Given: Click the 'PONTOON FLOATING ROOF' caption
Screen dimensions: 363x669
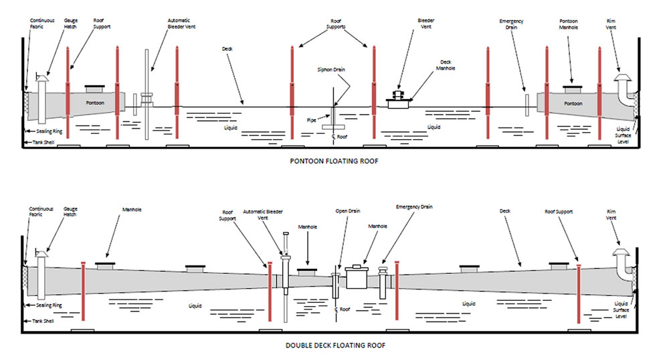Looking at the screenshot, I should (x=334, y=161).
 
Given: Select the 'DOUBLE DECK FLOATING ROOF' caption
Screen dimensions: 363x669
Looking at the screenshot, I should (x=334, y=346).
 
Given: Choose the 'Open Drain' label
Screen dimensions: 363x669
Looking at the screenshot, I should (x=348, y=211).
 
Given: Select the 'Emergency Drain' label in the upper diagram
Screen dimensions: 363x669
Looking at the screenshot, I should (x=512, y=25).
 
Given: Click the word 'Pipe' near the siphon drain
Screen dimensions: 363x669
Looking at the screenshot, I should (x=312, y=120).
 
